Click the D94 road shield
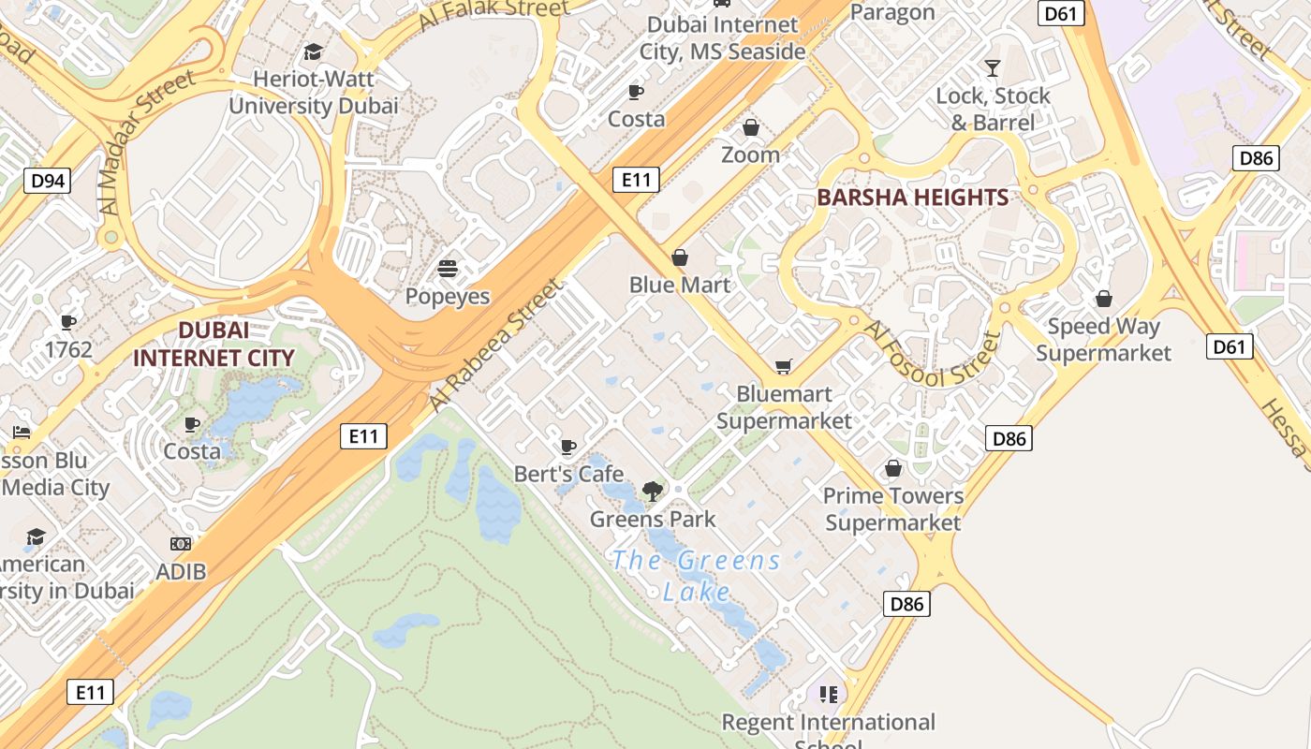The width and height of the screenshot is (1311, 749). click(47, 181)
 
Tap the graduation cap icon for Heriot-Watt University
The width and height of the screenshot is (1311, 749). click(313, 51)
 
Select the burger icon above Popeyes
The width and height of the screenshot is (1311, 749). click(448, 270)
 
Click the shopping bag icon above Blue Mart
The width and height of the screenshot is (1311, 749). click(680, 257)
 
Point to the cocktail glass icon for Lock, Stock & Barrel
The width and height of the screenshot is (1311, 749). click(993, 67)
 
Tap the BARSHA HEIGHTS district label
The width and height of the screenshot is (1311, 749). click(912, 198)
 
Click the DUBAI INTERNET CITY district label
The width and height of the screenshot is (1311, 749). click(214, 344)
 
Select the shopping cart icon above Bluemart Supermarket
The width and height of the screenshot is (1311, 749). click(783, 366)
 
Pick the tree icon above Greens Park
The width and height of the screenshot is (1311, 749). click(653, 491)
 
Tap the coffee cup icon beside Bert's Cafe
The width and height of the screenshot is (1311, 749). click(567, 447)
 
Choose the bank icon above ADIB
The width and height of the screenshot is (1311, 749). click(181, 544)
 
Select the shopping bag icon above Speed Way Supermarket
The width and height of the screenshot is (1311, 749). click(1104, 299)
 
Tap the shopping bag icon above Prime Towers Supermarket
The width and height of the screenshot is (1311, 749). click(893, 468)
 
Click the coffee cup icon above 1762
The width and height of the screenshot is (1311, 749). click(67, 322)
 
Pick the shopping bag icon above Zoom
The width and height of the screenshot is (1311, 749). click(751, 127)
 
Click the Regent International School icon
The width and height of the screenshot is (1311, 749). click(828, 694)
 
